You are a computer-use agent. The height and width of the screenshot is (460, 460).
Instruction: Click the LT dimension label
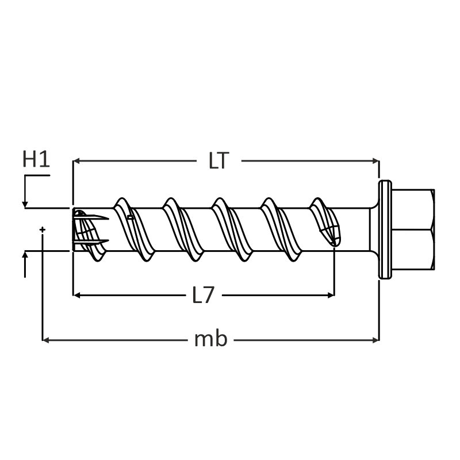[x=218, y=161]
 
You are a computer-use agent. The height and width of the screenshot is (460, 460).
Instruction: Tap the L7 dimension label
[x=203, y=296]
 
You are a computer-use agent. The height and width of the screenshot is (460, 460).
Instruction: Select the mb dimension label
[x=211, y=340]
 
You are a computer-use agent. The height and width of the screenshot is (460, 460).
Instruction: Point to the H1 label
[x=36, y=159]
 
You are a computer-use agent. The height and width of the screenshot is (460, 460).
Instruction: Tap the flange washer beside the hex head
[x=385, y=229]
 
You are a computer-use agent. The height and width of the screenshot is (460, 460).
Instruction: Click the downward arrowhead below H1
[x=25, y=204]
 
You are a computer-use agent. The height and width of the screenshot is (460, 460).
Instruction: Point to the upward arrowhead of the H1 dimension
[x=25, y=255]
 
